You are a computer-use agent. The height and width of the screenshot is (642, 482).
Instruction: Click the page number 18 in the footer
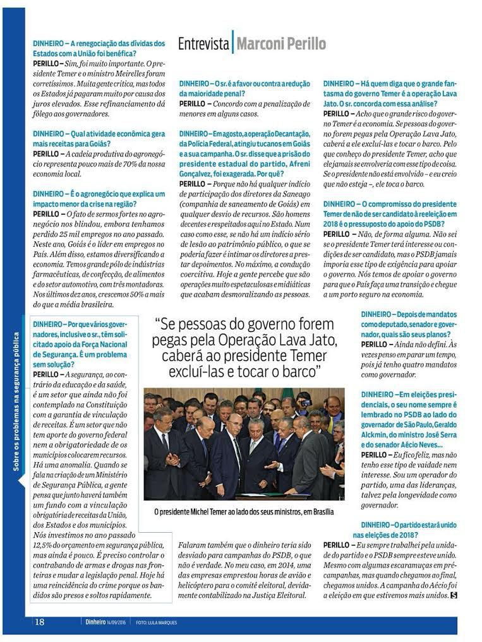click(x=39, y=622)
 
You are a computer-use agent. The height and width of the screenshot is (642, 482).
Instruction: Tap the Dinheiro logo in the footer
click(x=97, y=622)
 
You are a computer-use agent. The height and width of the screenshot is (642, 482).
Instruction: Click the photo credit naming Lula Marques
click(x=157, y=622)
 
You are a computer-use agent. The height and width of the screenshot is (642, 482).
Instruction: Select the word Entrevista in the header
click(x=203, y=44)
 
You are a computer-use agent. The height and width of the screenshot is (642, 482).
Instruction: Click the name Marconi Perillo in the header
click(x=281, y=44)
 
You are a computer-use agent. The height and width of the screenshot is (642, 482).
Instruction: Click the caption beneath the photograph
click(x=244, y=512)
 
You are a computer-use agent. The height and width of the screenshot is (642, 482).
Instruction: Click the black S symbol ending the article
click(x=453, y=595)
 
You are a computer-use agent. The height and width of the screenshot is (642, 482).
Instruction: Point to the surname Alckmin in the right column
click(x=377, y=434)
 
